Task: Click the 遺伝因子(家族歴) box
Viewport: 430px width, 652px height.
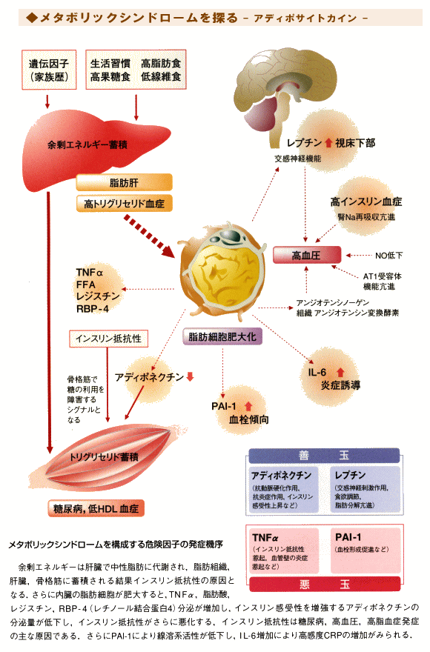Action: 49,70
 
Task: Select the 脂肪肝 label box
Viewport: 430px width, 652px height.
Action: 124,182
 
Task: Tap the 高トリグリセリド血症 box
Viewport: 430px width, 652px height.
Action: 124,204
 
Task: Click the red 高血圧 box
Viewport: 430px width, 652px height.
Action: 307,256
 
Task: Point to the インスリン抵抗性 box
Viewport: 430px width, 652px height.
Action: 108,339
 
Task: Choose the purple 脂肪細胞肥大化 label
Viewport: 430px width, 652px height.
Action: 222,337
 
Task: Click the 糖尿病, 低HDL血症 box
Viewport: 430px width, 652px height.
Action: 96,508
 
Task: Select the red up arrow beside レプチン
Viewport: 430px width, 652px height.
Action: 328,143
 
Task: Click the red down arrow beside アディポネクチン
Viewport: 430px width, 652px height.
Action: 191,376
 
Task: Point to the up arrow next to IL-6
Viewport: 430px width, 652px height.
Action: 340,372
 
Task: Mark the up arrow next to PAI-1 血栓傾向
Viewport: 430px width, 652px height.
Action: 248,406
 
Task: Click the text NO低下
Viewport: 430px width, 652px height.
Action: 388,256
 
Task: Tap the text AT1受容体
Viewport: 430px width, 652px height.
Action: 382,276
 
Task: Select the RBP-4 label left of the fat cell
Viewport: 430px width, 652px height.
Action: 93,309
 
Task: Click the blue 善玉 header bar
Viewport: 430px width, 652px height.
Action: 324,456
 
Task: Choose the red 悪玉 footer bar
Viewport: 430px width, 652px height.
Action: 325,585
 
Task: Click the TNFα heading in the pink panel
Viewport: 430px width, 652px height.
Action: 265,538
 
